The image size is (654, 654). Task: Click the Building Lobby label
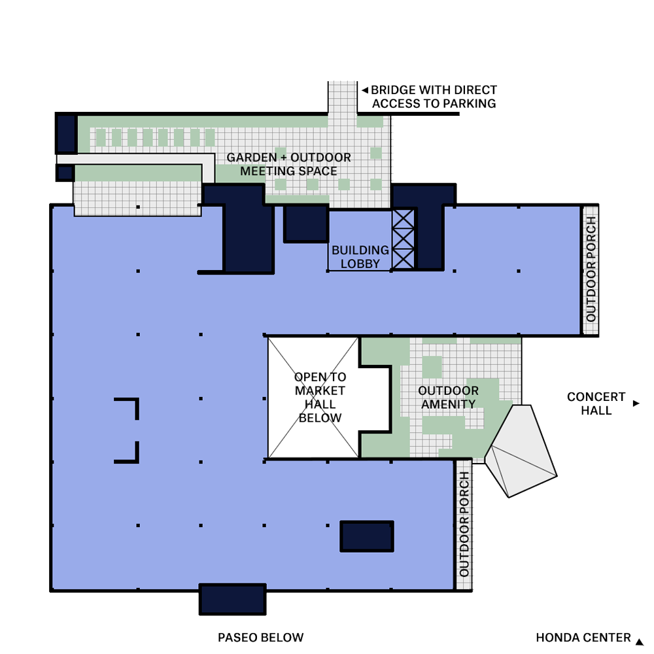360,257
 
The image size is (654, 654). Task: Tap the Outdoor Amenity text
448,398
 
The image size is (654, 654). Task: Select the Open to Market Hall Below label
320,398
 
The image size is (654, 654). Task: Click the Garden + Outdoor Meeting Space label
288,164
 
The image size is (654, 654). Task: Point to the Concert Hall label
596,404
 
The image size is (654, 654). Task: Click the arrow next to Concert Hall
636,404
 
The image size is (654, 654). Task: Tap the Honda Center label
583,638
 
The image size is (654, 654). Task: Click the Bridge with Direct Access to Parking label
434,97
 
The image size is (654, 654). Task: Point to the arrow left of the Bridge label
365,90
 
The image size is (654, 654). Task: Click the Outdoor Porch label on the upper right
591,269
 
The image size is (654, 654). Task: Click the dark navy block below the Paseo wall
232,599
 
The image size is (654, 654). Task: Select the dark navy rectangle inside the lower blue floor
367,536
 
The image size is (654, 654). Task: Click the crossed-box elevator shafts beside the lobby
403,239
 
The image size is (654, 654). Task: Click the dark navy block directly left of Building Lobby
306,224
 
